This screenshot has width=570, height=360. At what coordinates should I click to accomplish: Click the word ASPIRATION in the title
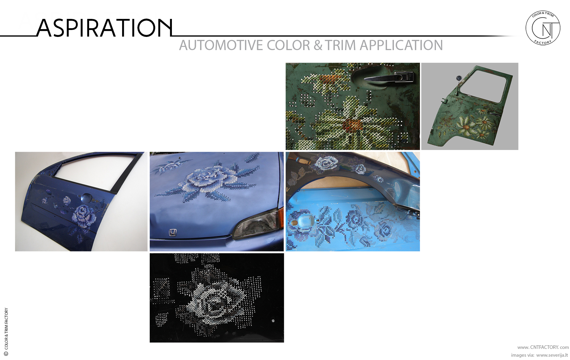pos(104,28)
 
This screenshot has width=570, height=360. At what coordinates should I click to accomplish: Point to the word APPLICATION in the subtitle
pos(401,46)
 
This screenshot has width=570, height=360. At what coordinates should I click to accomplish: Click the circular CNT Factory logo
pos(543,28)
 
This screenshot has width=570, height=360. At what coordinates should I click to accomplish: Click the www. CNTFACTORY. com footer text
pos(543,347)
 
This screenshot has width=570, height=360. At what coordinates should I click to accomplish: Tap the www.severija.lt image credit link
pos(552,355)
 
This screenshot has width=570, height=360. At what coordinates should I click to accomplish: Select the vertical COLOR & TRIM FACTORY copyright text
pos(6,332)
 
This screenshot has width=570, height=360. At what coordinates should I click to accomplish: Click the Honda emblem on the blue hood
pos(173,232)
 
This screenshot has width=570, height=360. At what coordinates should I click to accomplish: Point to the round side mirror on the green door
pos(458,79)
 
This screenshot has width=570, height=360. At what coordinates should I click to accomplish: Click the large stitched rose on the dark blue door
pos(83,216)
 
